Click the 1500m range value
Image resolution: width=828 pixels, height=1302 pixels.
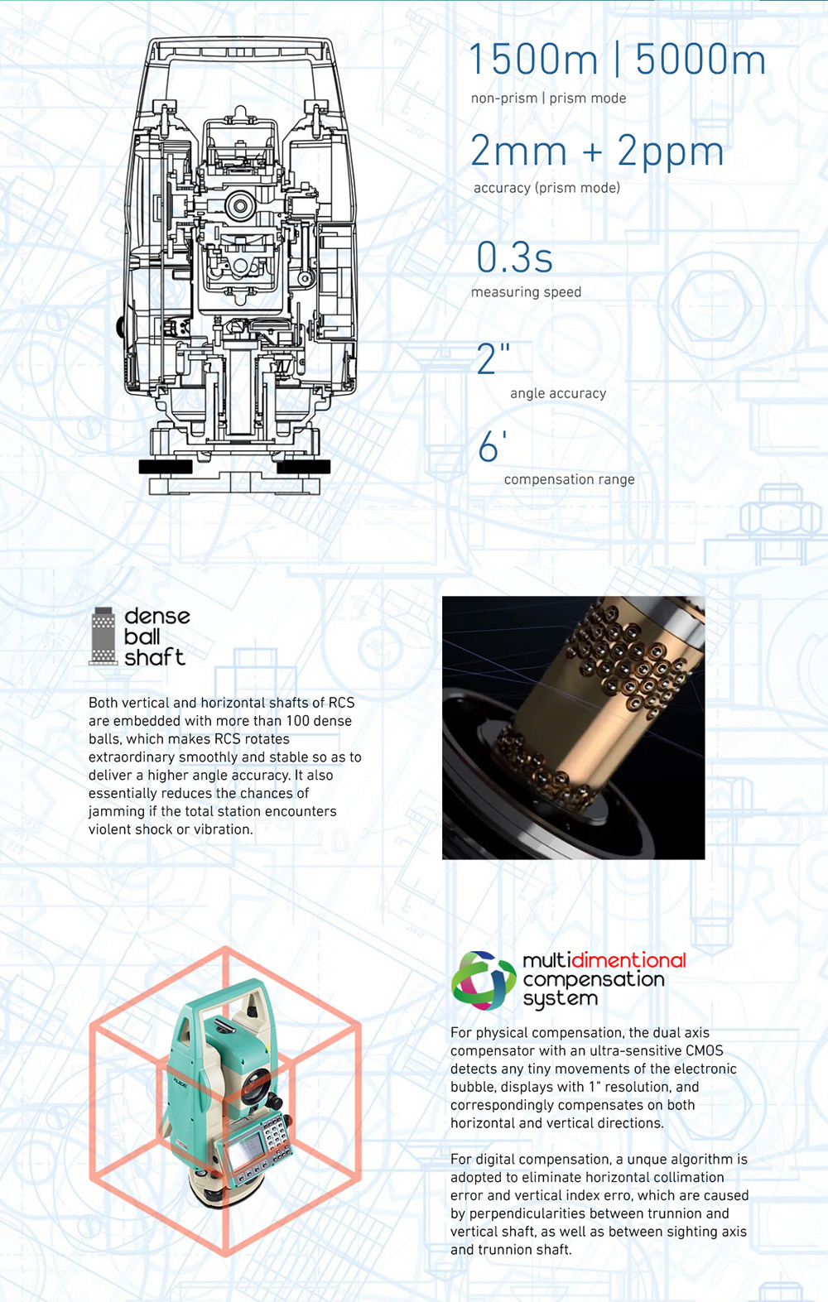click(x=533, y=60)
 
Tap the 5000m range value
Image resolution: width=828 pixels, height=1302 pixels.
click(x=700, y=60)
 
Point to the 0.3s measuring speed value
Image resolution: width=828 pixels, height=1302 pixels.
click(x=514, y=257)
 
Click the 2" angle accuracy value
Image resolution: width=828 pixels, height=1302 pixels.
click(x=493, y=358)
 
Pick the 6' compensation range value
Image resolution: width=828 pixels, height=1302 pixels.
click(x=492, y=446)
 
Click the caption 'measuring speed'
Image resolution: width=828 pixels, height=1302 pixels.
click(x=527, y=292)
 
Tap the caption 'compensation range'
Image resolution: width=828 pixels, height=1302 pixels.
click(x=570, y=479)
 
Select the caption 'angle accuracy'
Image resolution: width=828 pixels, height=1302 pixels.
click(x=558, y=393)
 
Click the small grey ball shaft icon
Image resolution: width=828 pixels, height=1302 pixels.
click(x=103, y=636)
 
